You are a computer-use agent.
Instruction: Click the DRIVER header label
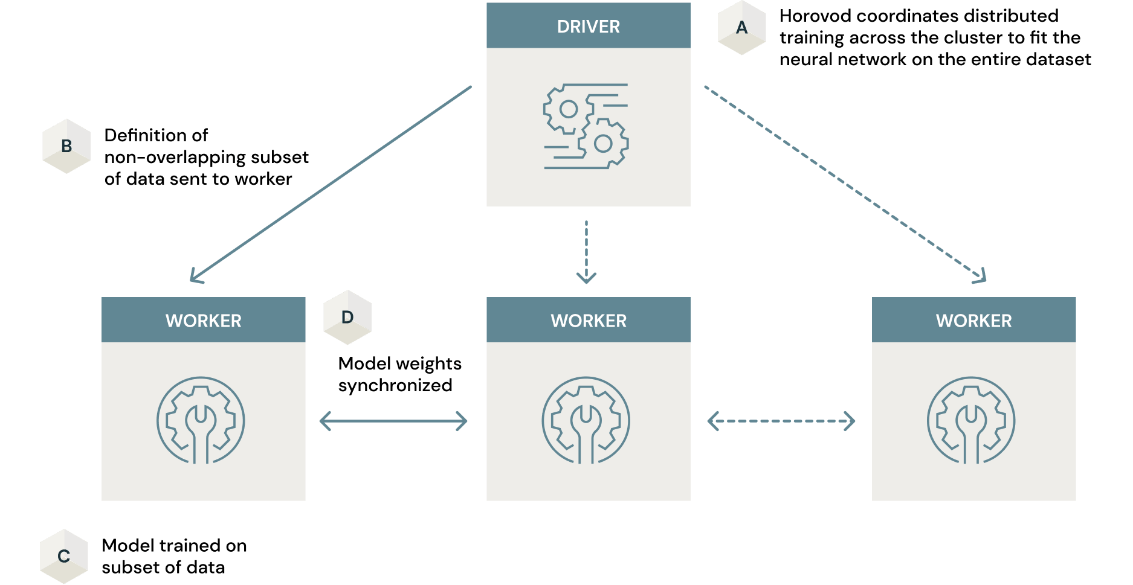(588, 27)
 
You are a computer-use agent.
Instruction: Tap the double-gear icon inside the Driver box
(586, 126)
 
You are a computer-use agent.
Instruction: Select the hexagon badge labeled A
(741, 28)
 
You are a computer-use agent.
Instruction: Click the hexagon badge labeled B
(66, 146)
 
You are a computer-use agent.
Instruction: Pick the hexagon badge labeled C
(64, 556)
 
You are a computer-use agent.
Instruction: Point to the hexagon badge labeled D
(347, 318)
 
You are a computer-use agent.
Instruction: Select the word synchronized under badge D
(395, 386)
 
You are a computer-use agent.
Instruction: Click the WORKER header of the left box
(203, 321)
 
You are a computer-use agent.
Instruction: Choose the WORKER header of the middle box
(588, 321)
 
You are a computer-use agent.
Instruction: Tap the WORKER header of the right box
(973, 321)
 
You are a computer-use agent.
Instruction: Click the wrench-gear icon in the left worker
(201, 420)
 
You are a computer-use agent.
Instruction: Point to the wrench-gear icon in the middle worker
(586, 420)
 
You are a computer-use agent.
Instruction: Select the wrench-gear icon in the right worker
(971, 420)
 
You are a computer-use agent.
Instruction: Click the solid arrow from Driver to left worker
(331, 184)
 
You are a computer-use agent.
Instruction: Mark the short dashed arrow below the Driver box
(586, 251)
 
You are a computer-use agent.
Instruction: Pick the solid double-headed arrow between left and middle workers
(393, 421)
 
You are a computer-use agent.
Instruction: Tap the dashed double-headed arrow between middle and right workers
(781, 421)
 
